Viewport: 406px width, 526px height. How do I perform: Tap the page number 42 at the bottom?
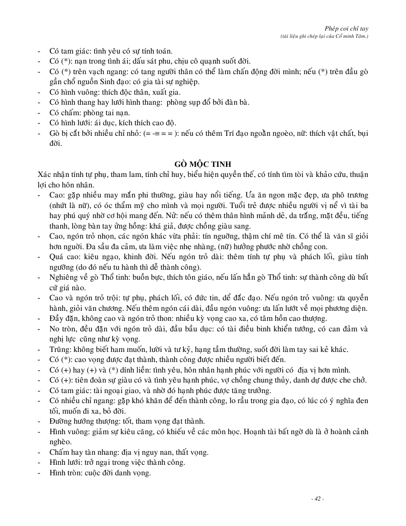click(x=317, y=499)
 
